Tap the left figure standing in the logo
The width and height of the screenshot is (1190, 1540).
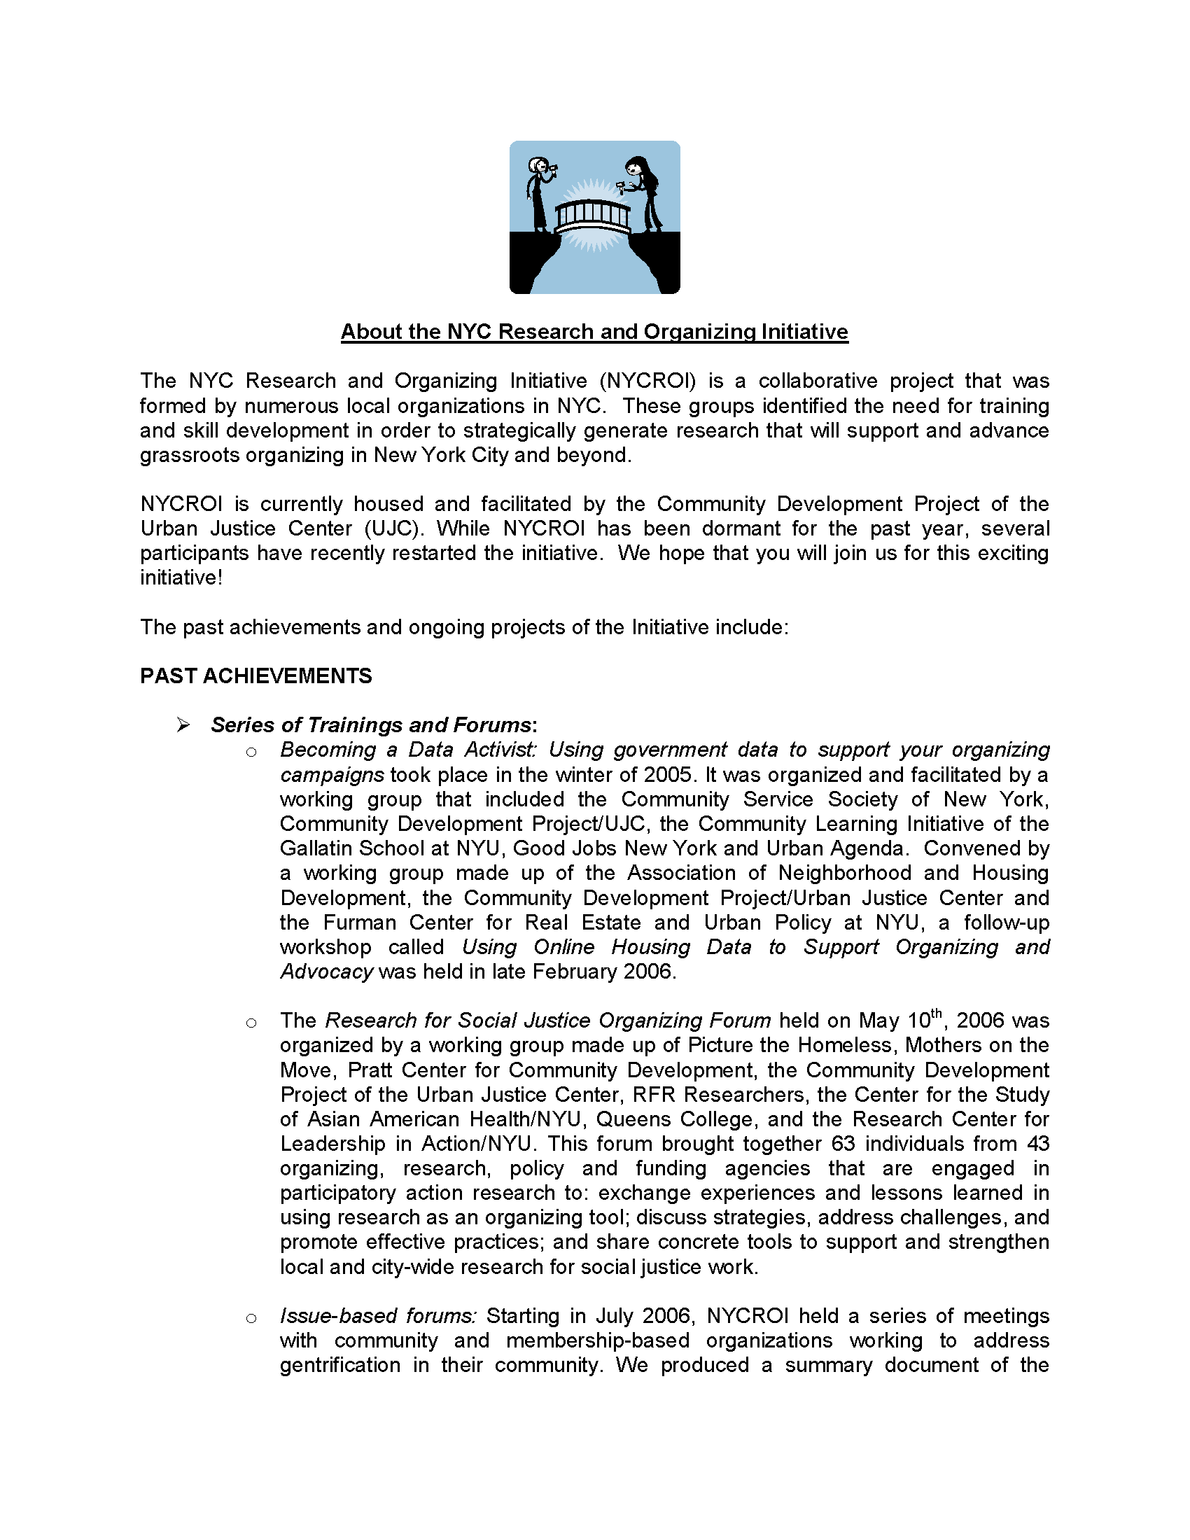tap(539, 194)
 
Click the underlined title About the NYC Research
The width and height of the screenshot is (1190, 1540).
tap(594, 331)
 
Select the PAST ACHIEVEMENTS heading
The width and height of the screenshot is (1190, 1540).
tap(256, 675)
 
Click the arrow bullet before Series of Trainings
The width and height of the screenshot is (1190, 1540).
tap(183, 725)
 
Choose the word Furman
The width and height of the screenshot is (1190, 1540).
tap(358, 923)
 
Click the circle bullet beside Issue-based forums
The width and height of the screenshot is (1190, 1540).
tap(251, 1318)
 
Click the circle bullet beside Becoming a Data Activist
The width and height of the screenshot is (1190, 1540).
tap(251, 752)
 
